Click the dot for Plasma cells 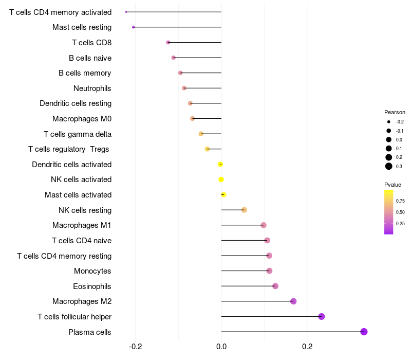point(364,332)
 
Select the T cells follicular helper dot point(322,316)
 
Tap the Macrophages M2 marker point(293,301)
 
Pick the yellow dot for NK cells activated point(221,179)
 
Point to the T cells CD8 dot point(168,43)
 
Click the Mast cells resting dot point(134,27)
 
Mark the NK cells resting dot point(244,210)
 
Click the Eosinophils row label point(92,286)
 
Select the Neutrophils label point(92,88)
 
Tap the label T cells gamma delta point(78,134)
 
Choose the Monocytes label point(92,271)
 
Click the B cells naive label point(90,58)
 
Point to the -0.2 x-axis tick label point(136,347)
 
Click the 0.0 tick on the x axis point(221,347)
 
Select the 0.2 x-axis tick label point(307,347)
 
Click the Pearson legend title point(395,112)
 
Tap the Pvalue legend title point(393,185)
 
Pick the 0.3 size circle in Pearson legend point(389,166)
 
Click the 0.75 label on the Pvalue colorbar point(400,201)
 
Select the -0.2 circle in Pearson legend point(389,122)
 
